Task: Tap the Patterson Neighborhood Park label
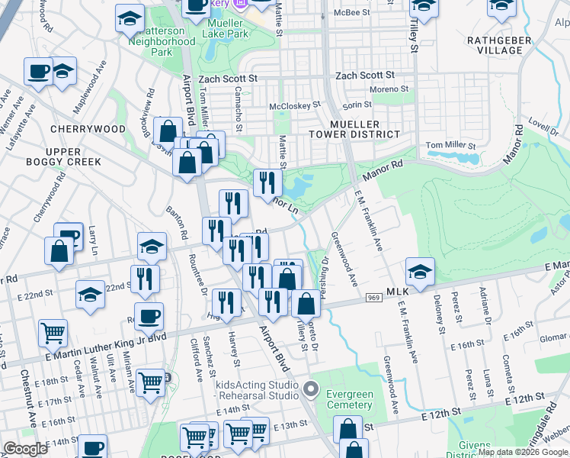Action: coord(162,41)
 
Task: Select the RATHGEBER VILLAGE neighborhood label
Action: coord(495,45)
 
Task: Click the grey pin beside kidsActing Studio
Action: coord(310,389)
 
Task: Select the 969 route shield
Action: coord(373,298)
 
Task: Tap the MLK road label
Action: coord(399,292)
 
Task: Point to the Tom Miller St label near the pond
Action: coord(450,145)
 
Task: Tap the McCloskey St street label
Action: coord(295,105)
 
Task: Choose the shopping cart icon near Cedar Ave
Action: coord(53,332)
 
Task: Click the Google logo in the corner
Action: coord(25,449)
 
